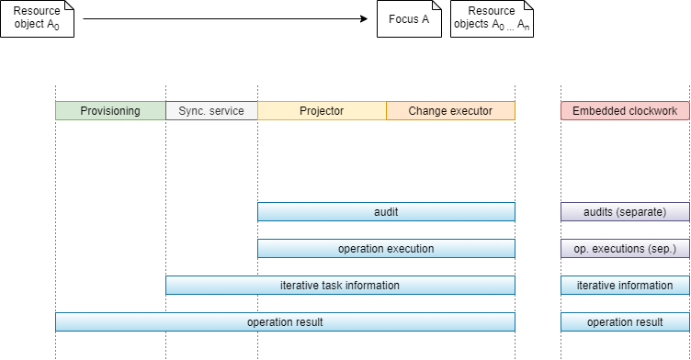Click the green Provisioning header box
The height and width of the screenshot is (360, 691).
110,111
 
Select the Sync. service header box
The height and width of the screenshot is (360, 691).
211,111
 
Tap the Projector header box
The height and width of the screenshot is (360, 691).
322,111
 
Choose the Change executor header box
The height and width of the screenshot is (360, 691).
450,111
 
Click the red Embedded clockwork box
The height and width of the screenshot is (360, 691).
625,111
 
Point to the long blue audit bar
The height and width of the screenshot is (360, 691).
386,212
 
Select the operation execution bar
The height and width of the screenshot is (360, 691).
386,249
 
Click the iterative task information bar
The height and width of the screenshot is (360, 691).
340,286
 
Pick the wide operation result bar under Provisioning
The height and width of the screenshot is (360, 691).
285,322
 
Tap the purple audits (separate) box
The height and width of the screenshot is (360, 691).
625,212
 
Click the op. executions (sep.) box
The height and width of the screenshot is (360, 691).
625,249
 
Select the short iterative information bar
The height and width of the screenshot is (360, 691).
625,286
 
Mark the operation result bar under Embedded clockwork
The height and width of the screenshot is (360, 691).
625,322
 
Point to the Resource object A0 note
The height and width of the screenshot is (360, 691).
37,18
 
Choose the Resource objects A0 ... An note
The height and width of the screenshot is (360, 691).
492,18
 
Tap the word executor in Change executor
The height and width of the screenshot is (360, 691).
470,111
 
